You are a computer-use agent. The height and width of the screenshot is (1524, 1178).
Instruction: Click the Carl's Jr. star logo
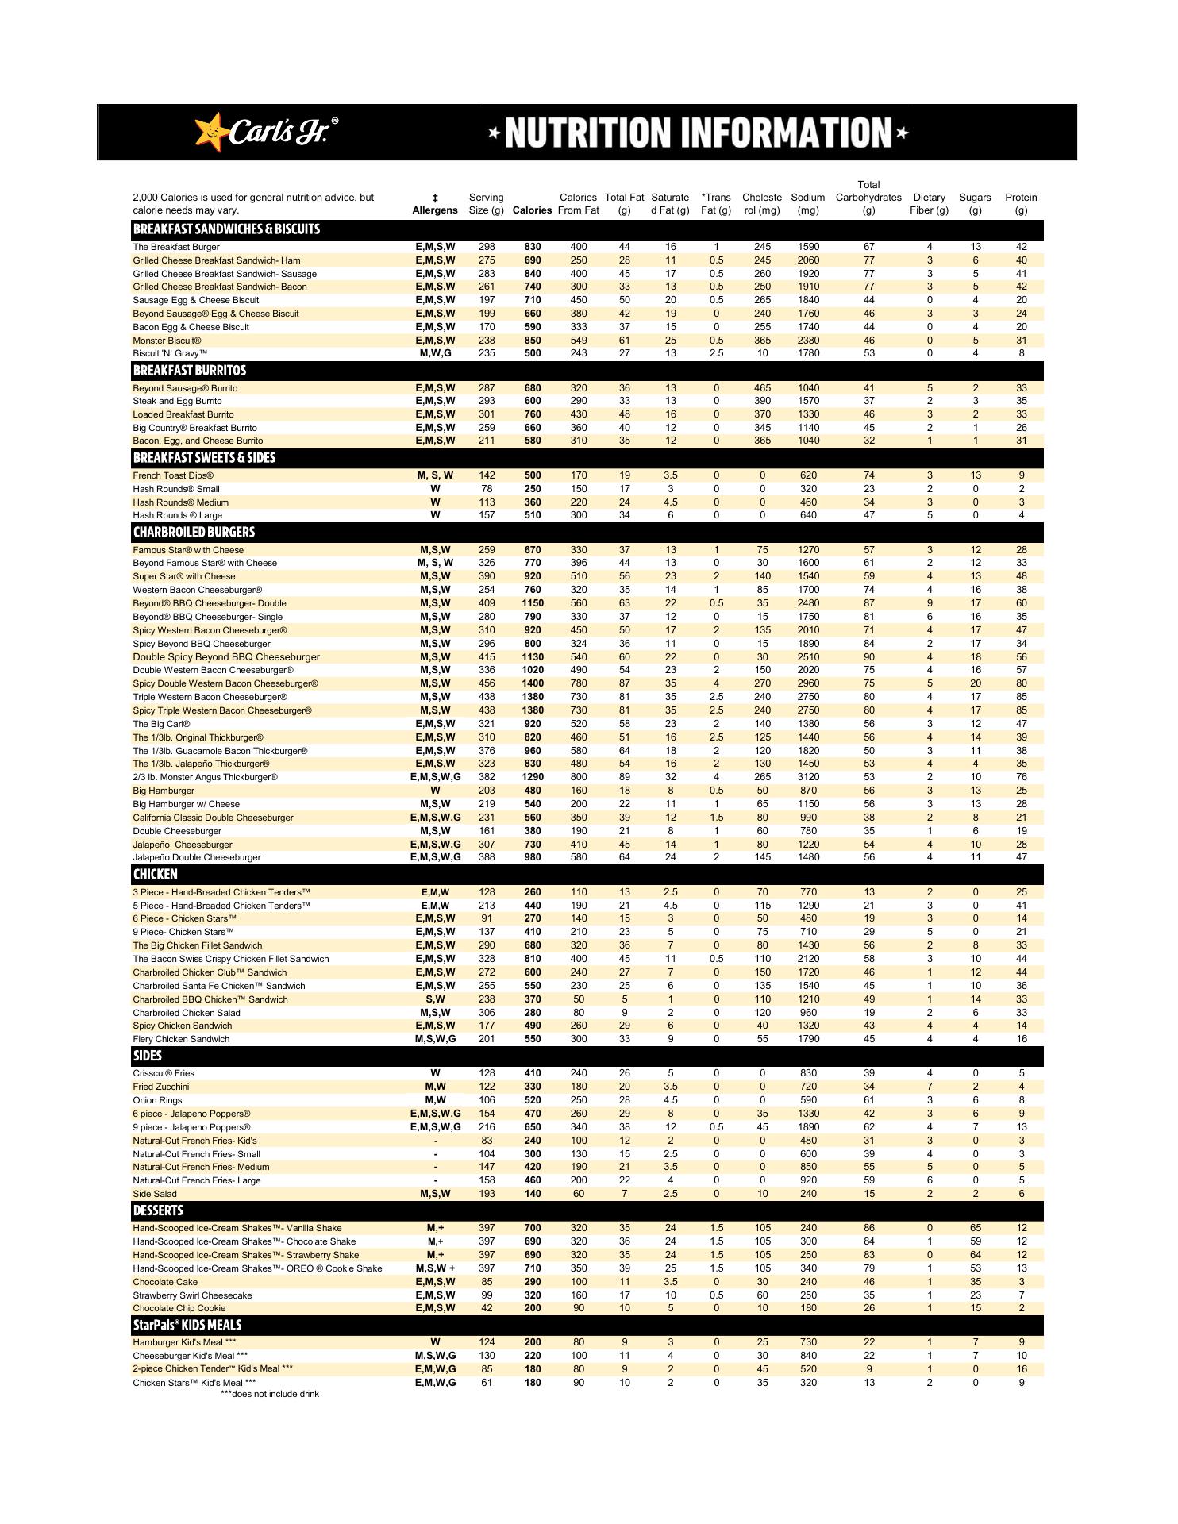tap(210, 132)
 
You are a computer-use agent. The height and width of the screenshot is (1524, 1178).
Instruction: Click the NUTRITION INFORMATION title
tap(699, 133)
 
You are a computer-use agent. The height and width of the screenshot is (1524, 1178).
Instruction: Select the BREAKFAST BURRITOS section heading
tap(190, 371)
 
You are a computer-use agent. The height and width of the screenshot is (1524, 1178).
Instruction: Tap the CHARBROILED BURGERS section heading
tap(194, 532)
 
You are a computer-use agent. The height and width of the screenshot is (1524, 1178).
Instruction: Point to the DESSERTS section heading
tap(158, 1210)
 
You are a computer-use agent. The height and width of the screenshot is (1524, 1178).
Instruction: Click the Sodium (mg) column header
tap(808, 204)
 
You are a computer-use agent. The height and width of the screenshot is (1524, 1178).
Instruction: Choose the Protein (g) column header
tap(1021, 204)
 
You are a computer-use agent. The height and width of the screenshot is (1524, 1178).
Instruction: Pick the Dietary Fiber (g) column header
tap(929, 204)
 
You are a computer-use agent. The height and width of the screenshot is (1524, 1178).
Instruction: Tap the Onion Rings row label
tap(157, 1100)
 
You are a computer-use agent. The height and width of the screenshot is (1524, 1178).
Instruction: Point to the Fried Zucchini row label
tap(161, 1087)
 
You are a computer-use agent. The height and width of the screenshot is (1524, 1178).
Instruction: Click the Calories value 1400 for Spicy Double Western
tap(533, 683)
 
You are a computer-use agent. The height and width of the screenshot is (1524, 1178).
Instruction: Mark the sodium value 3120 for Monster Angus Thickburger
tap(808, 777)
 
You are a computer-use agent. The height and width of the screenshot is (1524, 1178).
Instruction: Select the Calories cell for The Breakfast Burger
tap(533, 247)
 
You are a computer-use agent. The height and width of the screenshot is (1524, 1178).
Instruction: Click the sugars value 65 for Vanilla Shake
tap(976, 1228)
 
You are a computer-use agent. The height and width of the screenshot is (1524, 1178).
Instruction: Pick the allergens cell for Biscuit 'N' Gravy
tap(435, 353)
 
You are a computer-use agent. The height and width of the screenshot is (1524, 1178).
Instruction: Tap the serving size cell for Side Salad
tap(487, 1194)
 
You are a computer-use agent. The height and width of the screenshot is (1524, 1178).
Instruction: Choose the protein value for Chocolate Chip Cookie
tap(1021, 1308)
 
